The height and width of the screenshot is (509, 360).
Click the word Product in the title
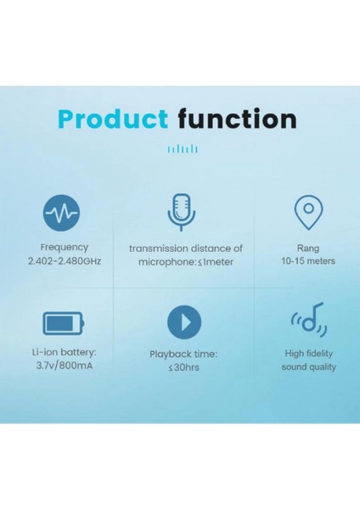pos(113,119)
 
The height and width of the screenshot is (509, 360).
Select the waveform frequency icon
pos(64,211)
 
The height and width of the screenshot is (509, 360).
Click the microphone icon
pos(180,210)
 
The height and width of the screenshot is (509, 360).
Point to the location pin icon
pos(308,210)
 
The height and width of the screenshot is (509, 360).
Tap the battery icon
pos(64,322)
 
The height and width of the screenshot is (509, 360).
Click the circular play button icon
pos(184,322)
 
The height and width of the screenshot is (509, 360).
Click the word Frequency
pos(64,248)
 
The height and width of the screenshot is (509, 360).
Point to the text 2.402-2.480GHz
pos(65,261)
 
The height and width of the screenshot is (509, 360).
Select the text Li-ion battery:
pos(64,350)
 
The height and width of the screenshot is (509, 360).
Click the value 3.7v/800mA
pos(64,365)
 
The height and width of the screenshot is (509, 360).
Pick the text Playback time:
pos(184,354)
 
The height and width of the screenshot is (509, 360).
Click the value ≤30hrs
pos(184,368)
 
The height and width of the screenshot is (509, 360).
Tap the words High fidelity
pos(309,353)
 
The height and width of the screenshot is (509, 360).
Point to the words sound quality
pos(309,367)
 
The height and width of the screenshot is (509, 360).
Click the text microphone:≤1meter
pos(185,262)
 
